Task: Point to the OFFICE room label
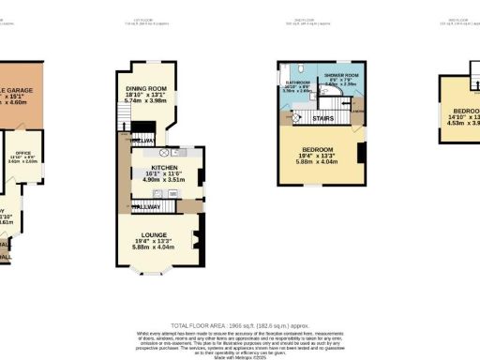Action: (23, 153)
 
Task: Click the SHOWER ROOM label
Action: (341, 74)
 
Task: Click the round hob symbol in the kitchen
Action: (163, 152)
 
